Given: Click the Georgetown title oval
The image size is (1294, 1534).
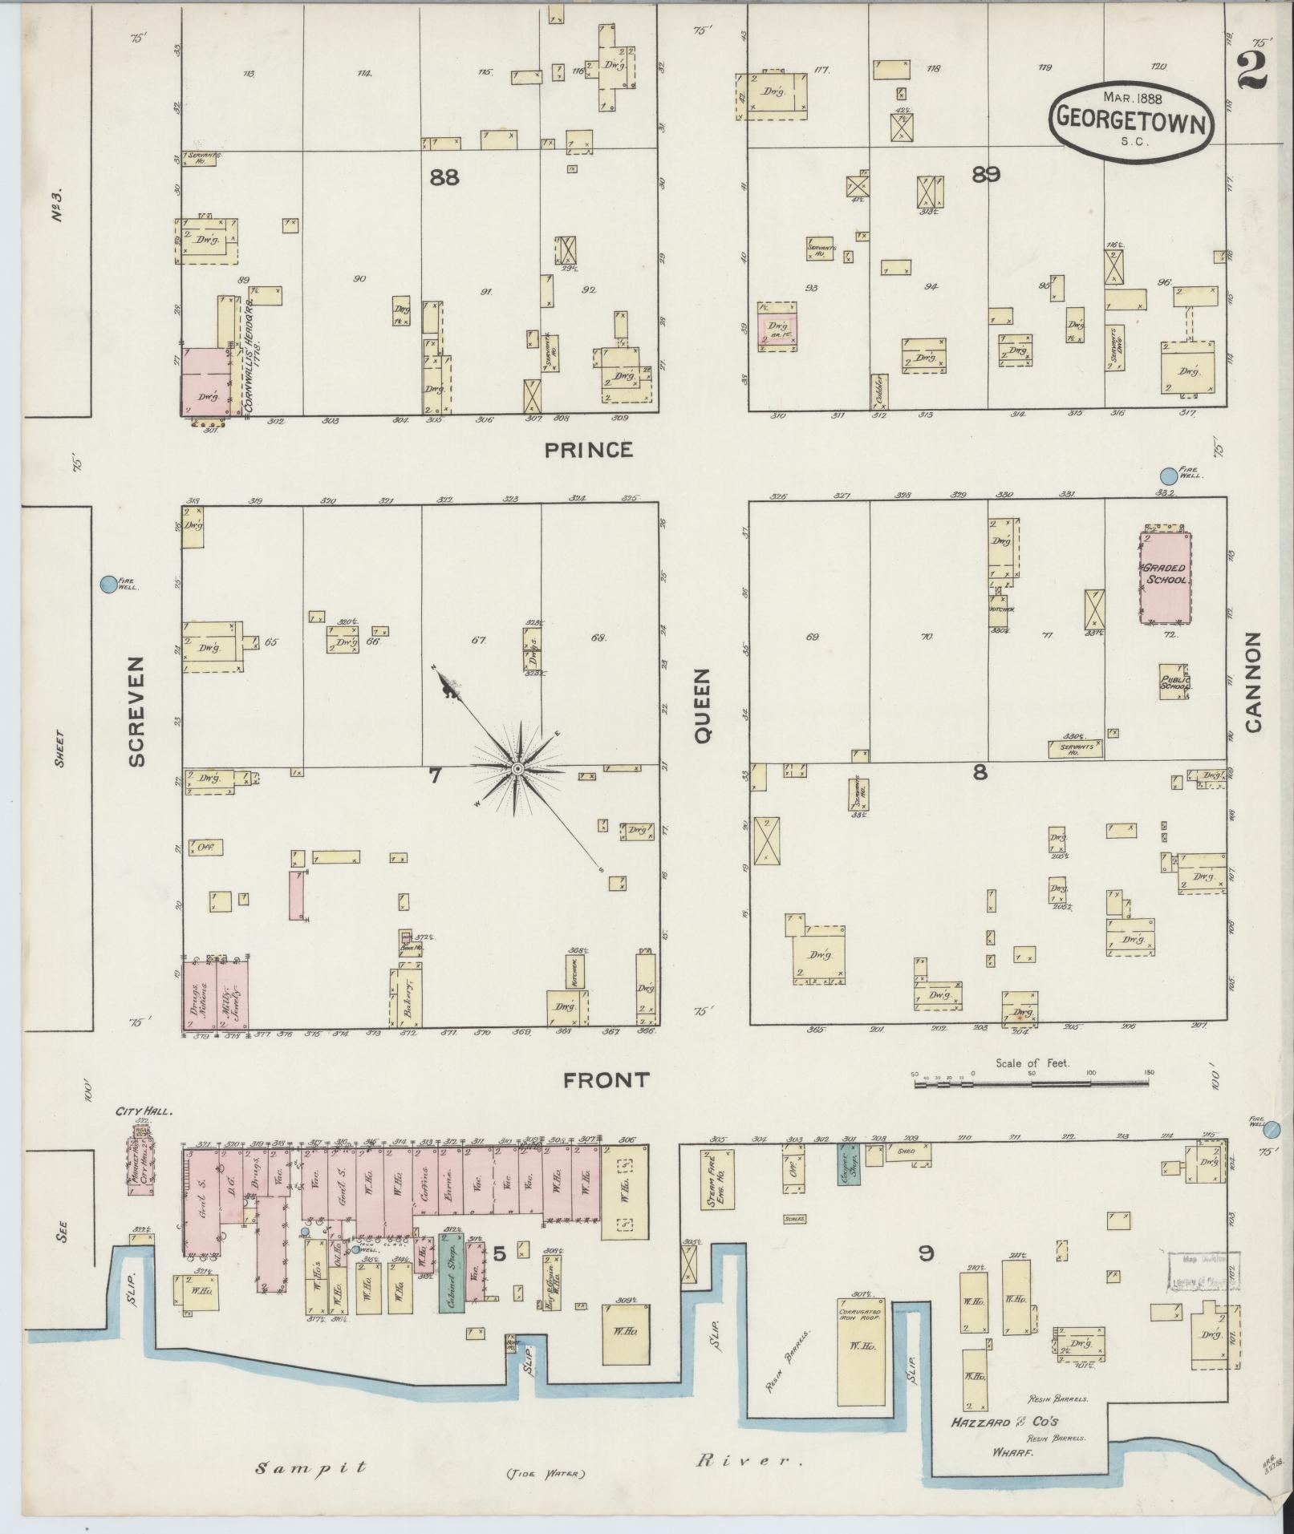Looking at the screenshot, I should [x=1131, y=117].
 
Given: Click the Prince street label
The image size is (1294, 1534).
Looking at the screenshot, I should [x=588, y=450].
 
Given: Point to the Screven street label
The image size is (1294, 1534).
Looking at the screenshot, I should [x=136, y=711].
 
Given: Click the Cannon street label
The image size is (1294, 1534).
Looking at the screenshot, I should [x=1253, y=682].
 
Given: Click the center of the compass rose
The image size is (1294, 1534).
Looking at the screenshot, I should [x=517, y=769].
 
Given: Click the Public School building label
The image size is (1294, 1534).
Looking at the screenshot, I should [x=1175, y=682].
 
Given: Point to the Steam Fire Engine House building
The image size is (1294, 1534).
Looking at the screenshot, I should [x=716, y=1179].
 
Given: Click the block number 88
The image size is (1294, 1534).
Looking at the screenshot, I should [x=444, y=177].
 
